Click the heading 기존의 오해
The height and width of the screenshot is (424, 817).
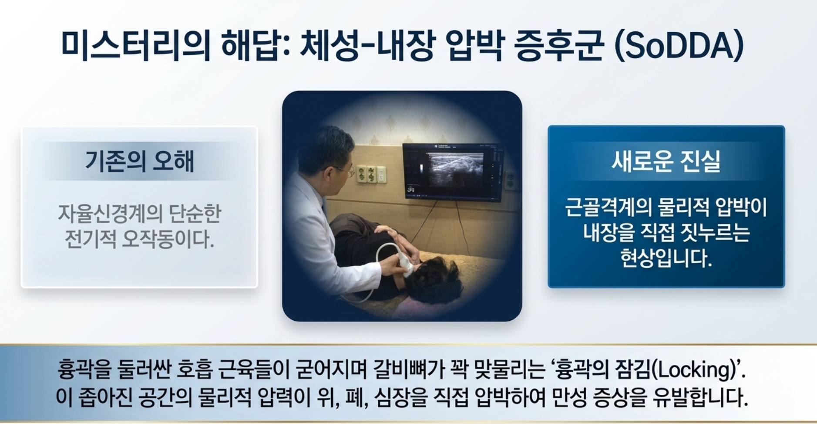pyautogui.click(x=139, y=161)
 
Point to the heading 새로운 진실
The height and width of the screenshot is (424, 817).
pyautogui.click(x=666, y=161)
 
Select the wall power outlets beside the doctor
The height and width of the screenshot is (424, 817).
pyautogui.click(x=371, y=174)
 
